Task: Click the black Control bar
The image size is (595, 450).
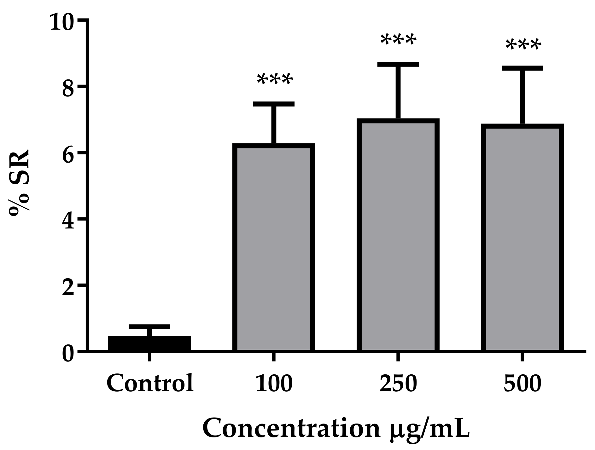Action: [149, 343]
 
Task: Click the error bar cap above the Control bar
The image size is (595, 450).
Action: [149, 327]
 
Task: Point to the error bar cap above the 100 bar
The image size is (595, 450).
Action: [274, 104]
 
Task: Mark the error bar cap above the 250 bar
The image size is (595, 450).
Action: [398, 64]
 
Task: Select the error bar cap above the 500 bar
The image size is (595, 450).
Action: [522, 68]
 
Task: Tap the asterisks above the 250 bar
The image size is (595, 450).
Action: [399, 40]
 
